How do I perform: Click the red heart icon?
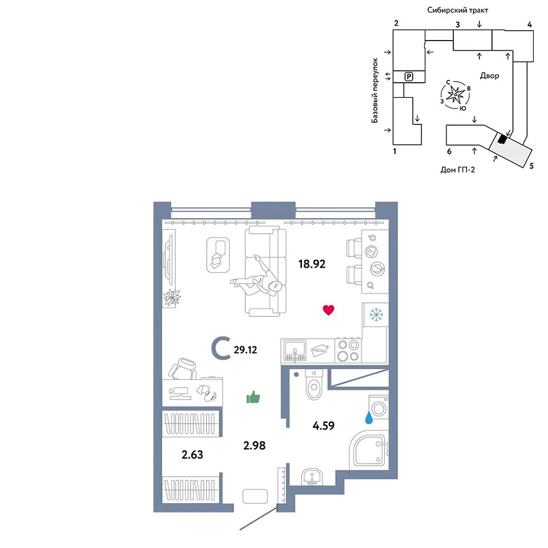point(328,309)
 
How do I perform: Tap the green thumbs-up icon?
point(253,397)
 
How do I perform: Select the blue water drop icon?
point(369,417)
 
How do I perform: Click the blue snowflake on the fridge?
point(376,315)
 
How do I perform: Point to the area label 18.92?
point(312,264)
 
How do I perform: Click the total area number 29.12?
point(245,349)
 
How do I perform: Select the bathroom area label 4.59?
point(323,425)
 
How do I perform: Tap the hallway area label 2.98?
point(255,445)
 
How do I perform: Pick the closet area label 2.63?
point(192,454)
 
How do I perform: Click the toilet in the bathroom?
point(314,384)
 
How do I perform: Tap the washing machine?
point(379,407)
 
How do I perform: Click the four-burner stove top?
point(348,350)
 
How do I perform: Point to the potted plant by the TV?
point(172,298)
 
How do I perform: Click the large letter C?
point(221,348)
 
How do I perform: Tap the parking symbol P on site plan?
point(409,76)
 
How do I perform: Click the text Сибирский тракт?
point(457,10)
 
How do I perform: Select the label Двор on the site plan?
point(489,75)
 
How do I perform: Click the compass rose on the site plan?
point(456,95)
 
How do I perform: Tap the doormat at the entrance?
point(255,496)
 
